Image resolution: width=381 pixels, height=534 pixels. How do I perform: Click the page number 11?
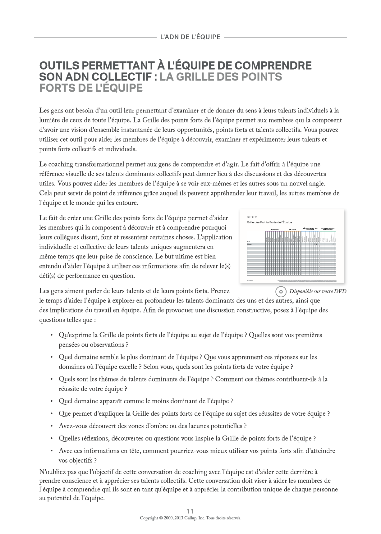click(x=190, y=511)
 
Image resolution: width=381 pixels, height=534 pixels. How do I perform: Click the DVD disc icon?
click(x=281, y=292)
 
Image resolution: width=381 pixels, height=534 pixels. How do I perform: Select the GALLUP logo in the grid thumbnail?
click(x=252, y=217)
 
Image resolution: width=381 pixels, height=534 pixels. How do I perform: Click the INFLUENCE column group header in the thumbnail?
click(x=292, y=230)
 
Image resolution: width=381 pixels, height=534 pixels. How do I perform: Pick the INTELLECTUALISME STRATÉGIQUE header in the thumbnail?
click(x=328, y=229)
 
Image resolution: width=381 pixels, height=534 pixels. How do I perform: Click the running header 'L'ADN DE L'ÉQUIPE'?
click(x=190, y=37)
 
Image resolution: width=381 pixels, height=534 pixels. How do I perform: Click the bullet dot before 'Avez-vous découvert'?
click(x=52, y=426)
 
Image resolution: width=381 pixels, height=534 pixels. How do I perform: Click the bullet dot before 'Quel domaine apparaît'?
click(x=52, y=401)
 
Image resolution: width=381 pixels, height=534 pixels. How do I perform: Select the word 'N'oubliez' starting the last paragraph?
click(x=51, y=472)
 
